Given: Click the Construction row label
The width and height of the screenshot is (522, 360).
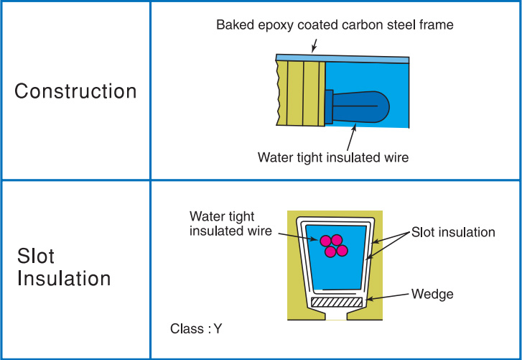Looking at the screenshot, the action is [x=75, y=91].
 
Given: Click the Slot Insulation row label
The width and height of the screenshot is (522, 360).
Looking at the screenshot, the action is [x=64, y=267].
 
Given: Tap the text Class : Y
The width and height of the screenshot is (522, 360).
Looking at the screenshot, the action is [x=196, y=328].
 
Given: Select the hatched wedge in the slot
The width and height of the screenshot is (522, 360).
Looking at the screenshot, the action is [x=337, y=302].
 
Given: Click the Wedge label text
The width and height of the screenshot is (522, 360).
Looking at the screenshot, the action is [x=432, y=294].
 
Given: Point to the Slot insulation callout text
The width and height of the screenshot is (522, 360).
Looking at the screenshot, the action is [x=453, y=232].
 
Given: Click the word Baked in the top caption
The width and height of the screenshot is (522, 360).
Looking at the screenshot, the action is [x=236, y=24].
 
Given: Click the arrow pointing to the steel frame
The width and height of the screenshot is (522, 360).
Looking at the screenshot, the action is [x=314, y=45].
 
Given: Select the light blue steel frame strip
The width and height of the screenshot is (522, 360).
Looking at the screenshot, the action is [x=342, y=59].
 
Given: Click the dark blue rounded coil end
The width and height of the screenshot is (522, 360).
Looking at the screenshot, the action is [x=360, y=106].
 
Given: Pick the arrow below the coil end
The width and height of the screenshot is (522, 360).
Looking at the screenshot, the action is [x=351, y=137].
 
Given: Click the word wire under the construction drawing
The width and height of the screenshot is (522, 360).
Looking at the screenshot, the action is [x=396, y=157].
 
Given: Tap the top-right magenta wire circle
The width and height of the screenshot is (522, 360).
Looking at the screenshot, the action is [x=337, y=240].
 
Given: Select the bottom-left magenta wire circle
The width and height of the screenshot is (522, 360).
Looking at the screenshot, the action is [x=330, y=251].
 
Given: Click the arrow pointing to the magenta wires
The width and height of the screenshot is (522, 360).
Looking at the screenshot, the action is [x=298, y=237].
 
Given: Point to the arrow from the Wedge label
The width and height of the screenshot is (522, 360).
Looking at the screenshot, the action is [x=387, y=297].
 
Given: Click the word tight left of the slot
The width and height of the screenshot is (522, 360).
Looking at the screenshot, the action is [x=239, y=216].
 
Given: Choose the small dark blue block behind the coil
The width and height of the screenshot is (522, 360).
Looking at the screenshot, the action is [x=329, y=107].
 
